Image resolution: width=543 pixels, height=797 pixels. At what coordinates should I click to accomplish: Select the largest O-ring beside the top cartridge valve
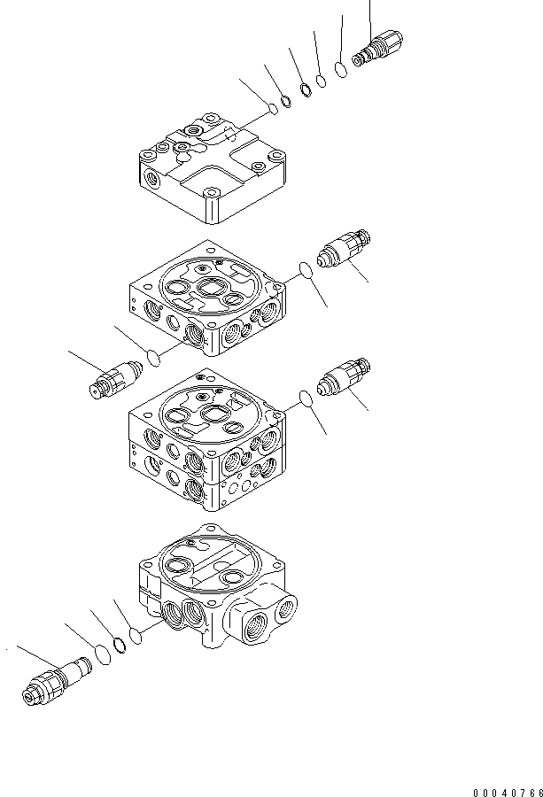click(x=340, y=69)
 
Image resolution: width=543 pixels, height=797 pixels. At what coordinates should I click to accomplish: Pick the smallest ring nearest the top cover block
click(x=274, y=108)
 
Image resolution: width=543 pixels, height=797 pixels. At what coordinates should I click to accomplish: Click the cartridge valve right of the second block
click(x=345, y=249)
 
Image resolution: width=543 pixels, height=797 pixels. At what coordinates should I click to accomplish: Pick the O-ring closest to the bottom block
click(x=136, y=635)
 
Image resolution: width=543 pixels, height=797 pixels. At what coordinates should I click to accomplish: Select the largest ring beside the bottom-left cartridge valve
click(x=102, y=654)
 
